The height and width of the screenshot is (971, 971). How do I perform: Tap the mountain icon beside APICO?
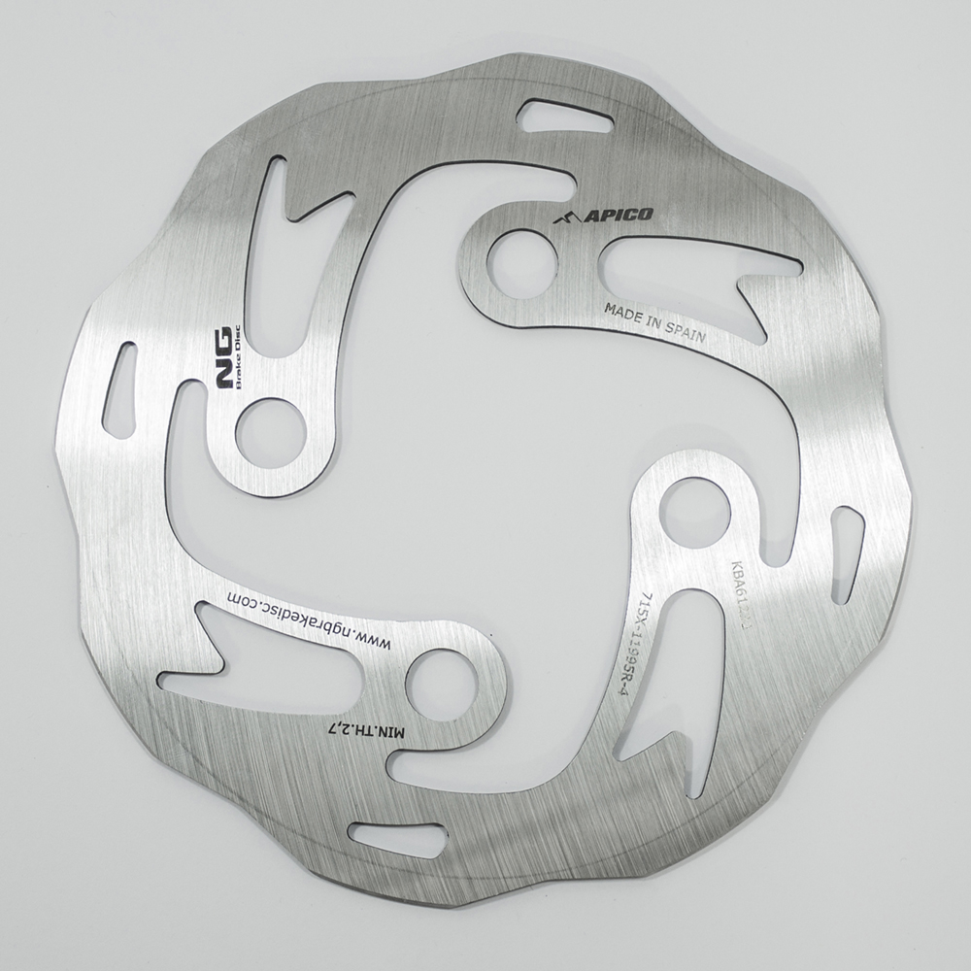tap(565, 218)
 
